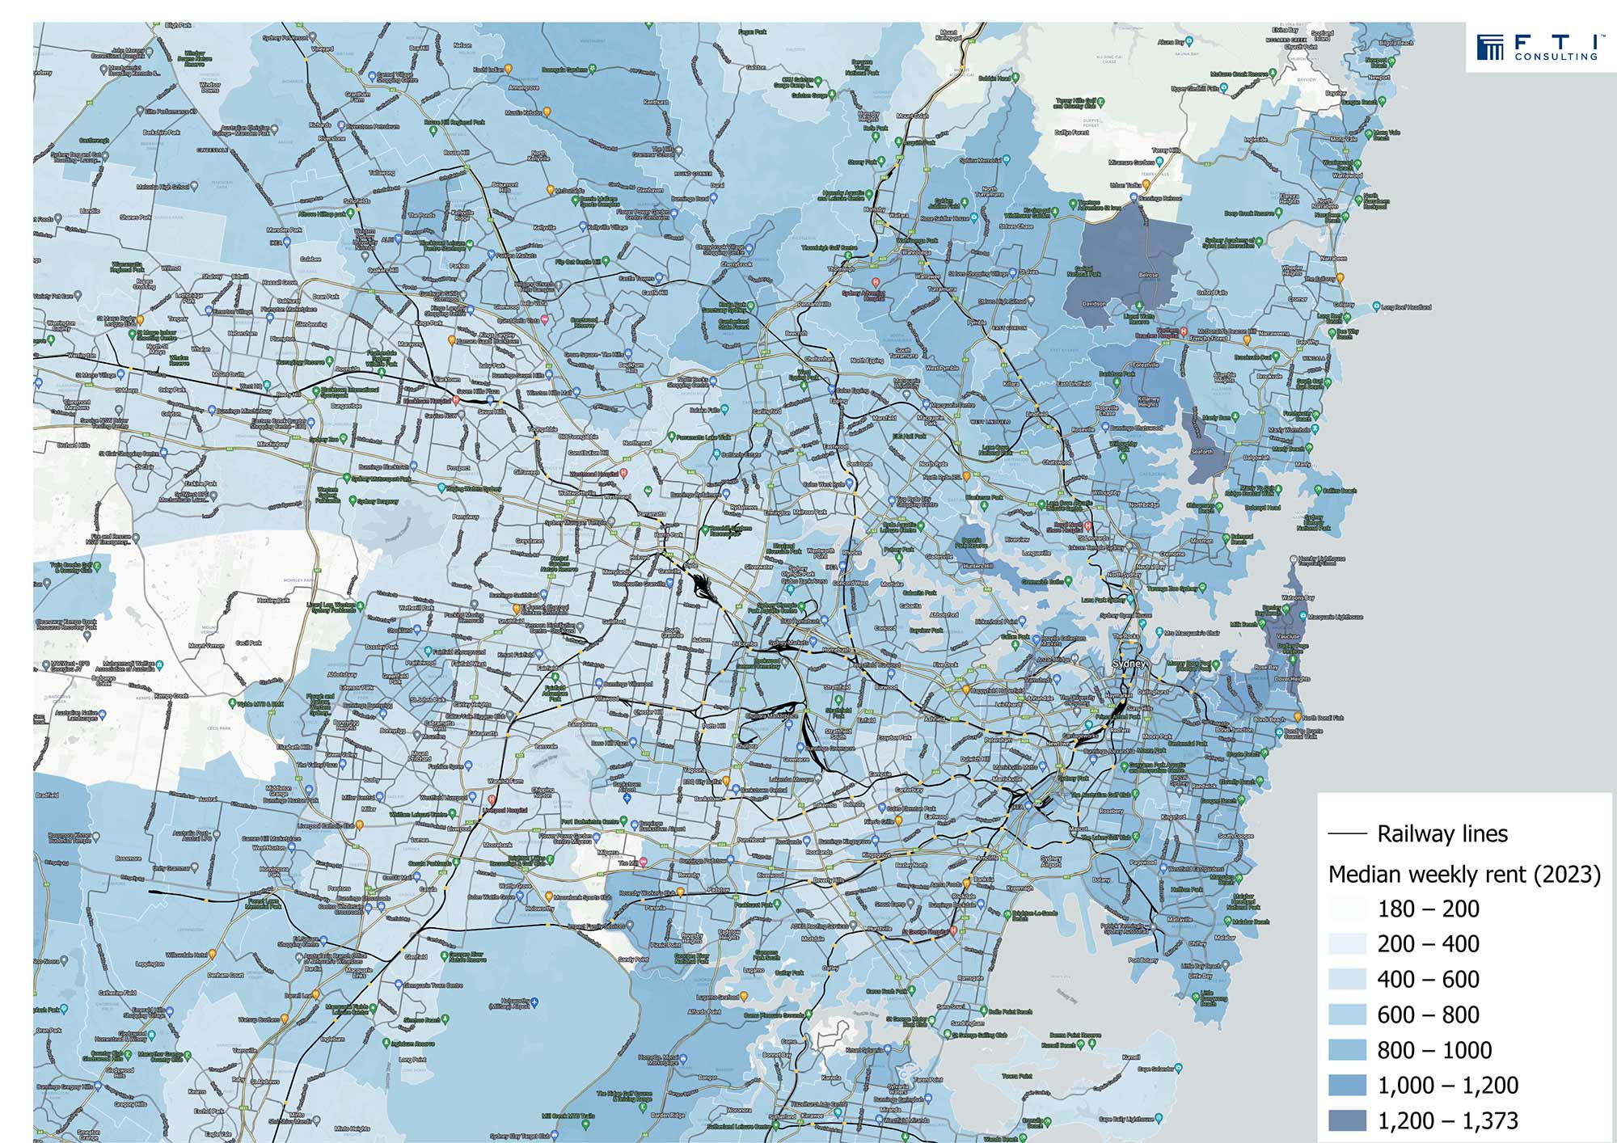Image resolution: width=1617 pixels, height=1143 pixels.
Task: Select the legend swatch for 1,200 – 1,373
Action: tap(1347, 1120)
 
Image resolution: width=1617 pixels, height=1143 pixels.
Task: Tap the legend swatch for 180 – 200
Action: tap(1347, 909)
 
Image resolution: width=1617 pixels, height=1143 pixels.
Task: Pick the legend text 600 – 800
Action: tap(1428, 1014)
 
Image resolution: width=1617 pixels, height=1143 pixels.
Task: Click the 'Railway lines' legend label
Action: tap(1442, 833)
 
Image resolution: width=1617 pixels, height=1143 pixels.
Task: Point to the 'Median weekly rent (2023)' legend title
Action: tap(1464, 874)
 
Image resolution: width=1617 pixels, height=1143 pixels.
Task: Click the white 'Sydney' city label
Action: tap(1129, 664)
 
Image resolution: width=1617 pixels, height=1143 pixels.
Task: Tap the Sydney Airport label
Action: tap(1051, 862)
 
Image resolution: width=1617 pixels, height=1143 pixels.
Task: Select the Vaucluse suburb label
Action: tap(1289, 636)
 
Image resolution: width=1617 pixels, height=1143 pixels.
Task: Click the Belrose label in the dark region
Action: tap(1148, 275)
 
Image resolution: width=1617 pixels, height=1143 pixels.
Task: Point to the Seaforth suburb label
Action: tap(1201, 452)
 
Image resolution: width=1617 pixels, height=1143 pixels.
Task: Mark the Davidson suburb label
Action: tap(1094, 305)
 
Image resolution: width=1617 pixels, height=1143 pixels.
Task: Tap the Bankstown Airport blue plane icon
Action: tap(627, 798)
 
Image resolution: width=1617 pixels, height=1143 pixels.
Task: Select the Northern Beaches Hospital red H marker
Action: tap(1183, 331)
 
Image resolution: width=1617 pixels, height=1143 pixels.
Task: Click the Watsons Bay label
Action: tap(1298, 598)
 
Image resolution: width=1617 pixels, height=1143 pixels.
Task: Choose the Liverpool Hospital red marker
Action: tap(480, 809)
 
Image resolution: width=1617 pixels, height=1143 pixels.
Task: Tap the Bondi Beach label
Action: tap(1269, 719)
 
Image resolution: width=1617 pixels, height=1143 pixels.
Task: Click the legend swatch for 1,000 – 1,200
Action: tap(1347, 1085)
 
